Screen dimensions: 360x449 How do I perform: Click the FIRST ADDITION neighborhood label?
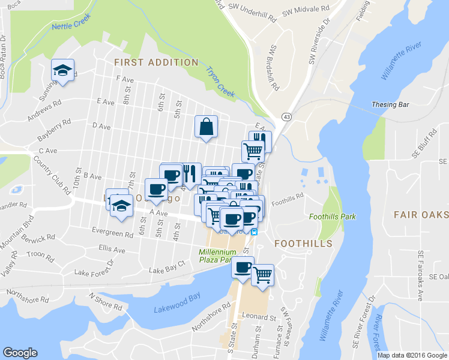pos(155,62)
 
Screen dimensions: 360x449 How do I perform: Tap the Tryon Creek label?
pos(220,82)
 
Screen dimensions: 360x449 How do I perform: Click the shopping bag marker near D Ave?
pos(206,127)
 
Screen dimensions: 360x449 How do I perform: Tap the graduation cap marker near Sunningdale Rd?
pos(62,71)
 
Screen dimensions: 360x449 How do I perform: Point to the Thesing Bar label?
pos(390,104)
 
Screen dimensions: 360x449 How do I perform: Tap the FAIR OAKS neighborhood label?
pos(421,215)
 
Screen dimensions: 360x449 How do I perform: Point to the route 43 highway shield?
pos(286,115)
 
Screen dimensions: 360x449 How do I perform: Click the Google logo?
pos(20,353)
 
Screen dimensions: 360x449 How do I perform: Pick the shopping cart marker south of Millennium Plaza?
pos(262,275)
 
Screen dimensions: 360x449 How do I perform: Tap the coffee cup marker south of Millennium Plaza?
pos(243,268)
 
